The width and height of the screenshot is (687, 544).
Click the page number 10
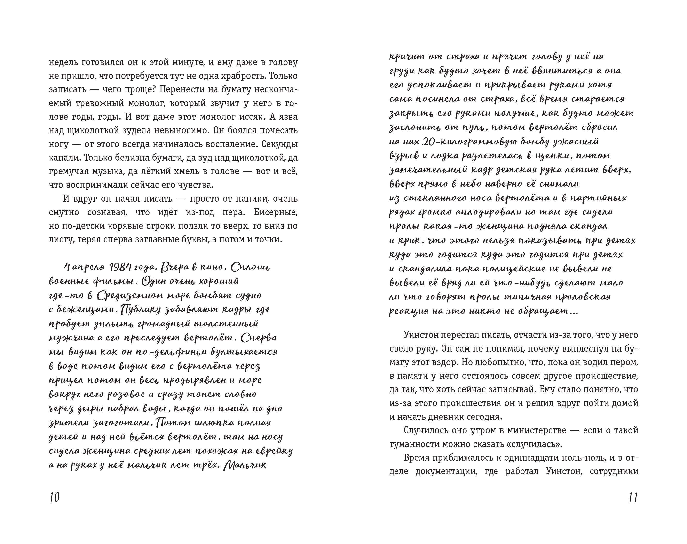tap(55, 497)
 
